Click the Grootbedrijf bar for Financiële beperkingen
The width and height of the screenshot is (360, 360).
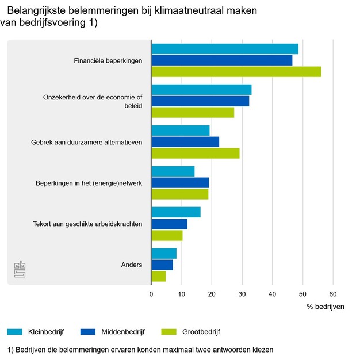236,71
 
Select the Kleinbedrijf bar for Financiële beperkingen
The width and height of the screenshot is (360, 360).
224,49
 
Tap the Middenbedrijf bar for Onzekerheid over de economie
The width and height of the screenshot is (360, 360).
200,101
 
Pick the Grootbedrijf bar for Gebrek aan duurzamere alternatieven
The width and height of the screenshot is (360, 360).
195,153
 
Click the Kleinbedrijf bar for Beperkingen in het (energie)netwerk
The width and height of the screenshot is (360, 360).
173,171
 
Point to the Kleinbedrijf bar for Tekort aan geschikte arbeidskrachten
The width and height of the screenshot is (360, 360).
175,212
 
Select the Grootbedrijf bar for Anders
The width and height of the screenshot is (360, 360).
158,276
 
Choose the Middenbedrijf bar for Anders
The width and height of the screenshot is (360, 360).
162,265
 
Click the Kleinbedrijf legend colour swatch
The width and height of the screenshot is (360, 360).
14,332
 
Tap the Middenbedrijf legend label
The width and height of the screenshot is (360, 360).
123,332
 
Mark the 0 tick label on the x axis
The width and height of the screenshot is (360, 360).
151,294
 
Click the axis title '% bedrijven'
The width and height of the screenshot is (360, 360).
325,307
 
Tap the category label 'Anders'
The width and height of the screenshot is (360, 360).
132,265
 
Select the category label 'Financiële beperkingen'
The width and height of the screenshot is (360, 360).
108,60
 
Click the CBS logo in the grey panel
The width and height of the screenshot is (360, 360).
20,269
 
